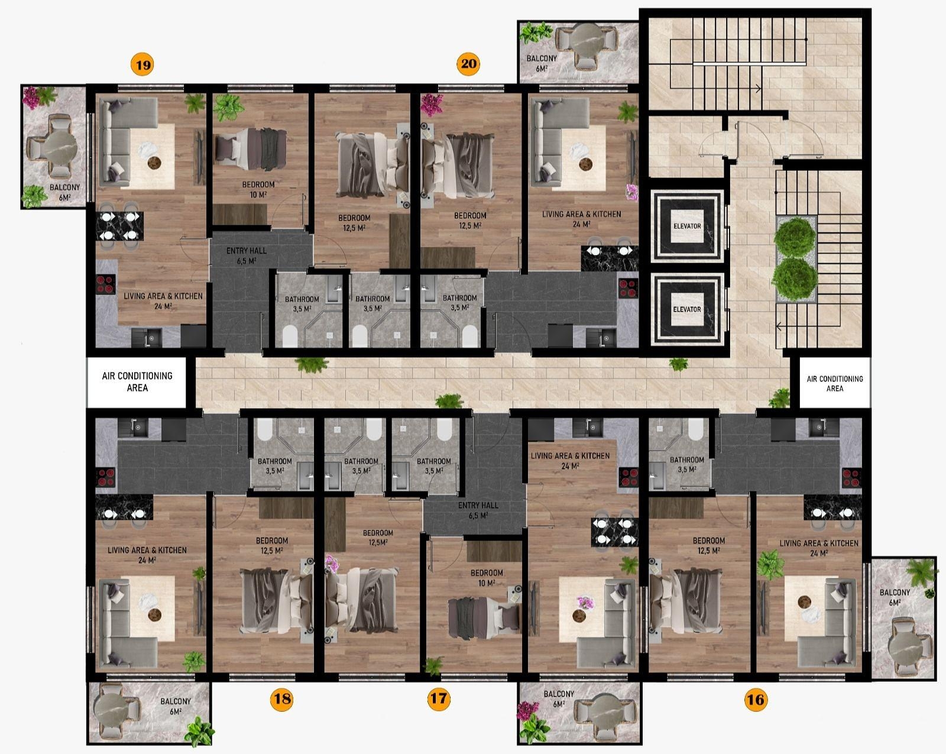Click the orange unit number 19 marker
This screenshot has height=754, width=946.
[142, 65]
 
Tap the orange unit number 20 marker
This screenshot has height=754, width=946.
[468, 64]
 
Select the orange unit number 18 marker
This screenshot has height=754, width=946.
[281, 698]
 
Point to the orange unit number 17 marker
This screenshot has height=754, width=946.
[439, 698]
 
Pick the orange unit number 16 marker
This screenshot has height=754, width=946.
[756, 700]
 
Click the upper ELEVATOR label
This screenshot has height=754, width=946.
[687, 226]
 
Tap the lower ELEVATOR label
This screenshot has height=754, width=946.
[687, 309]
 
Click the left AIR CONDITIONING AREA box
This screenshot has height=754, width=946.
[137, 381]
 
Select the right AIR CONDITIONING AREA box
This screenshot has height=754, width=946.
[834, 383]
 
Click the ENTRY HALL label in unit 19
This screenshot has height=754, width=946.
[246, 255]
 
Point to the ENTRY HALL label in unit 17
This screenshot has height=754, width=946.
[478, 510]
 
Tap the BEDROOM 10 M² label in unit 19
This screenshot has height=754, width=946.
[258, 189]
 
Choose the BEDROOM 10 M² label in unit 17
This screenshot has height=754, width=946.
[487, 578]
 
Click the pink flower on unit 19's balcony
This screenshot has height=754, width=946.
[31, 98]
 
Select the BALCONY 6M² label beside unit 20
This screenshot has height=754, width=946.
[542, 63]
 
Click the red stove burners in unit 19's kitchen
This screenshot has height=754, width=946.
[106, 284]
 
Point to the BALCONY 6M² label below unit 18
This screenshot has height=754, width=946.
[176, 706]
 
